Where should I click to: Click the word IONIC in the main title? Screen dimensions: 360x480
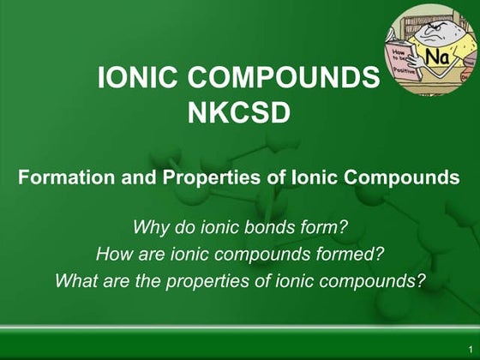click(137, 79)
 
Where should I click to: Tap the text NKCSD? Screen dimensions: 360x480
click(239, 111)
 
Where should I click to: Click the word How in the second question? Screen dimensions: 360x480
click(113, 254)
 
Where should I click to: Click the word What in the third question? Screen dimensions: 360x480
click(75, 279)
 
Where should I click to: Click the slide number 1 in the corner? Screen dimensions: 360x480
click(470, 350)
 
